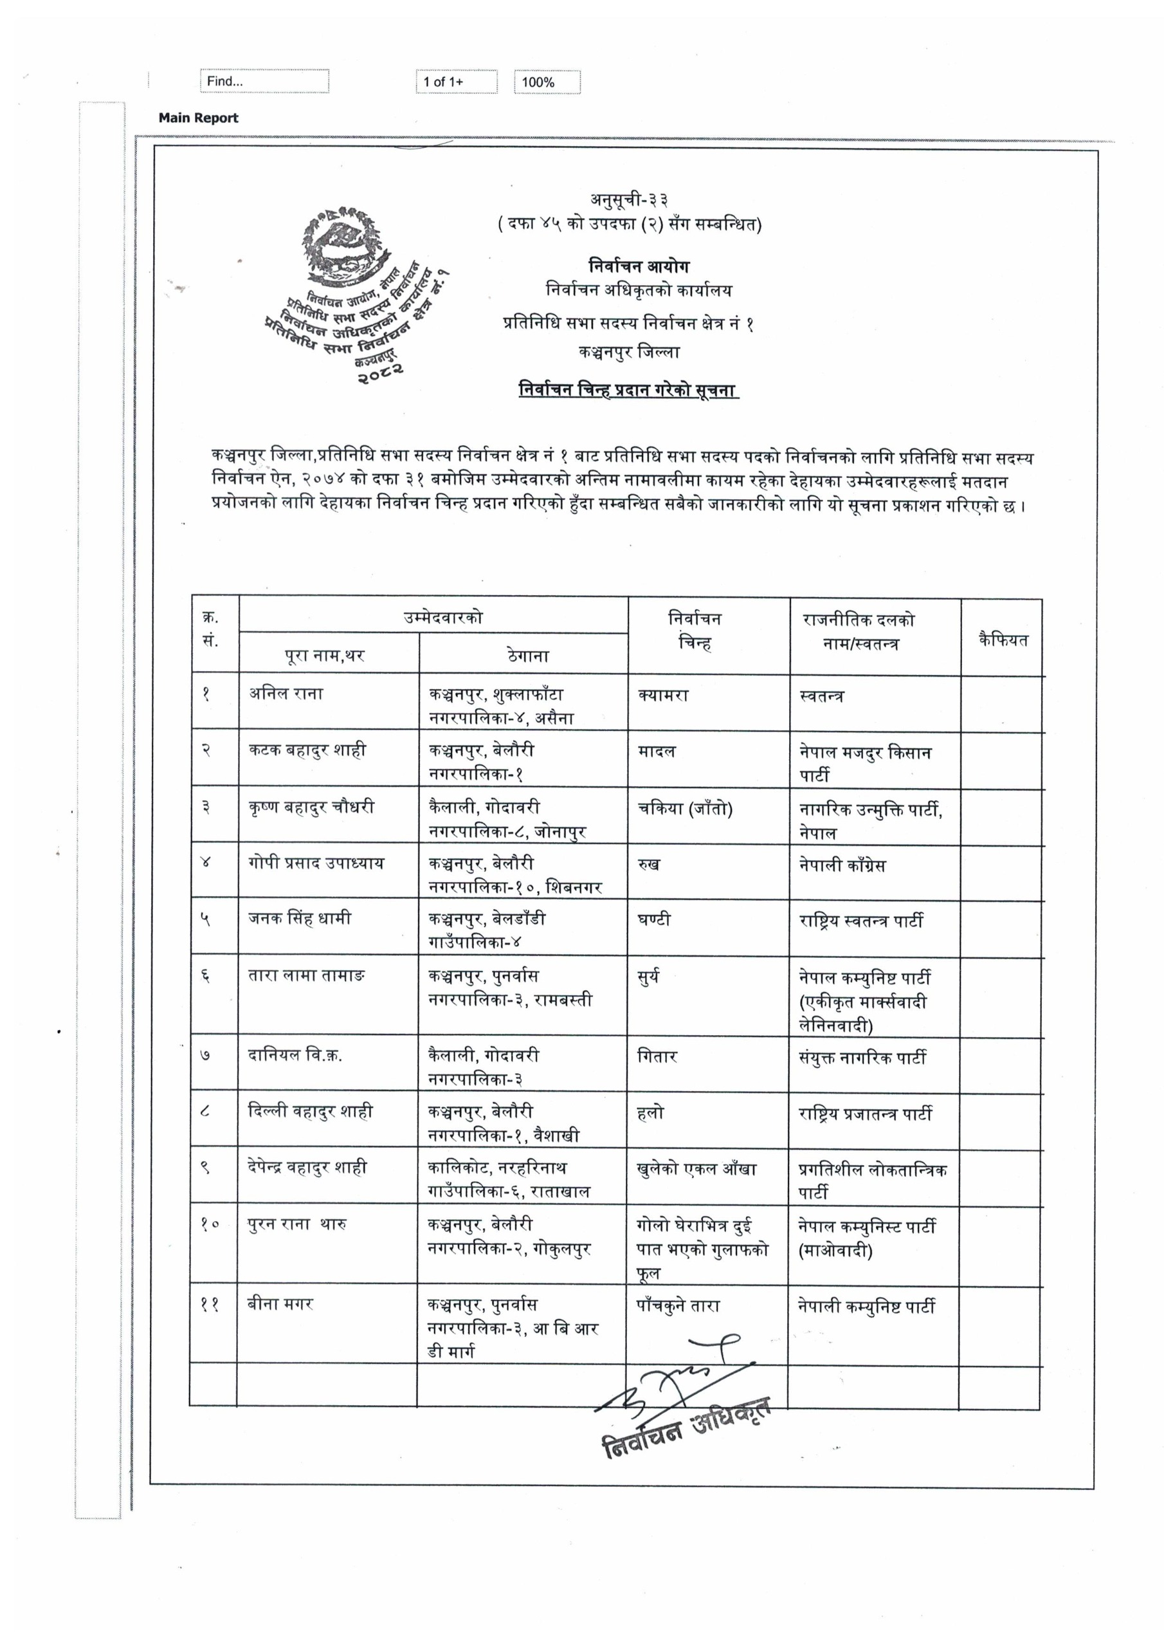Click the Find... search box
(x=264, y=81)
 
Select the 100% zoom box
(x=547, y=82)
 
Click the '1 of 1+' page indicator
(x=456, y=82)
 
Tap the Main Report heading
(x=198, y=118)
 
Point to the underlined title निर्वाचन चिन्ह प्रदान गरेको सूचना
(x=628, y=391)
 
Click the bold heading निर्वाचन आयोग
(x=639, y=266)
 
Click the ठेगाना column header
(x=527, y=655)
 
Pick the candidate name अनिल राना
(x=286, y=694)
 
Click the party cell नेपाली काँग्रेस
(x=842, y=865)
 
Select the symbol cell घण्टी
(x=653, y=919)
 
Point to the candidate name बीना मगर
(x=280, y=1304)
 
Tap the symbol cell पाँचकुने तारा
(x=678, y=1305)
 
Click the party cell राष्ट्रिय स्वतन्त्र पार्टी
(x=860, y=921)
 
